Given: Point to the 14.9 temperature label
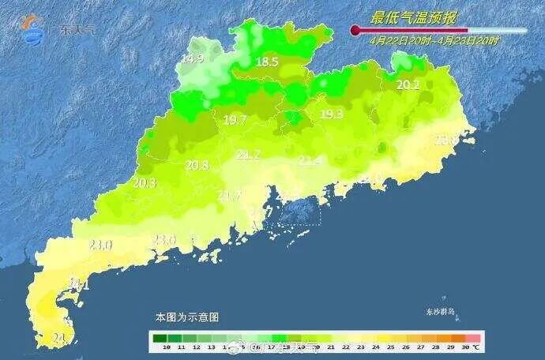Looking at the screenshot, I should click(x=192, y=59).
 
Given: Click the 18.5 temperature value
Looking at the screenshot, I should click(x=267, y=62).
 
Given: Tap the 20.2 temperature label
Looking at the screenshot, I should click(x=408, y=85).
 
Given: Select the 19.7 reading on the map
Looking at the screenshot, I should click(x=235, y=120).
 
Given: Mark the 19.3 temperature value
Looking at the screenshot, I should click(x=331, y=114).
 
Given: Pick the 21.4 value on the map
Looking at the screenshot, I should click(x=310, y=160).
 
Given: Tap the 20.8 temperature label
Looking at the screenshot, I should click(x=197, y=165).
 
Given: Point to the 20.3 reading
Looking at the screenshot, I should click(x=145, y=183).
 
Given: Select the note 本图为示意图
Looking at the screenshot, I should click(x=186, y=317).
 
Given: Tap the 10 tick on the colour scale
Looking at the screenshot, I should click(x=166, y=347).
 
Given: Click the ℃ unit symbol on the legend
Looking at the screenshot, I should click(x=477, y=347).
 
